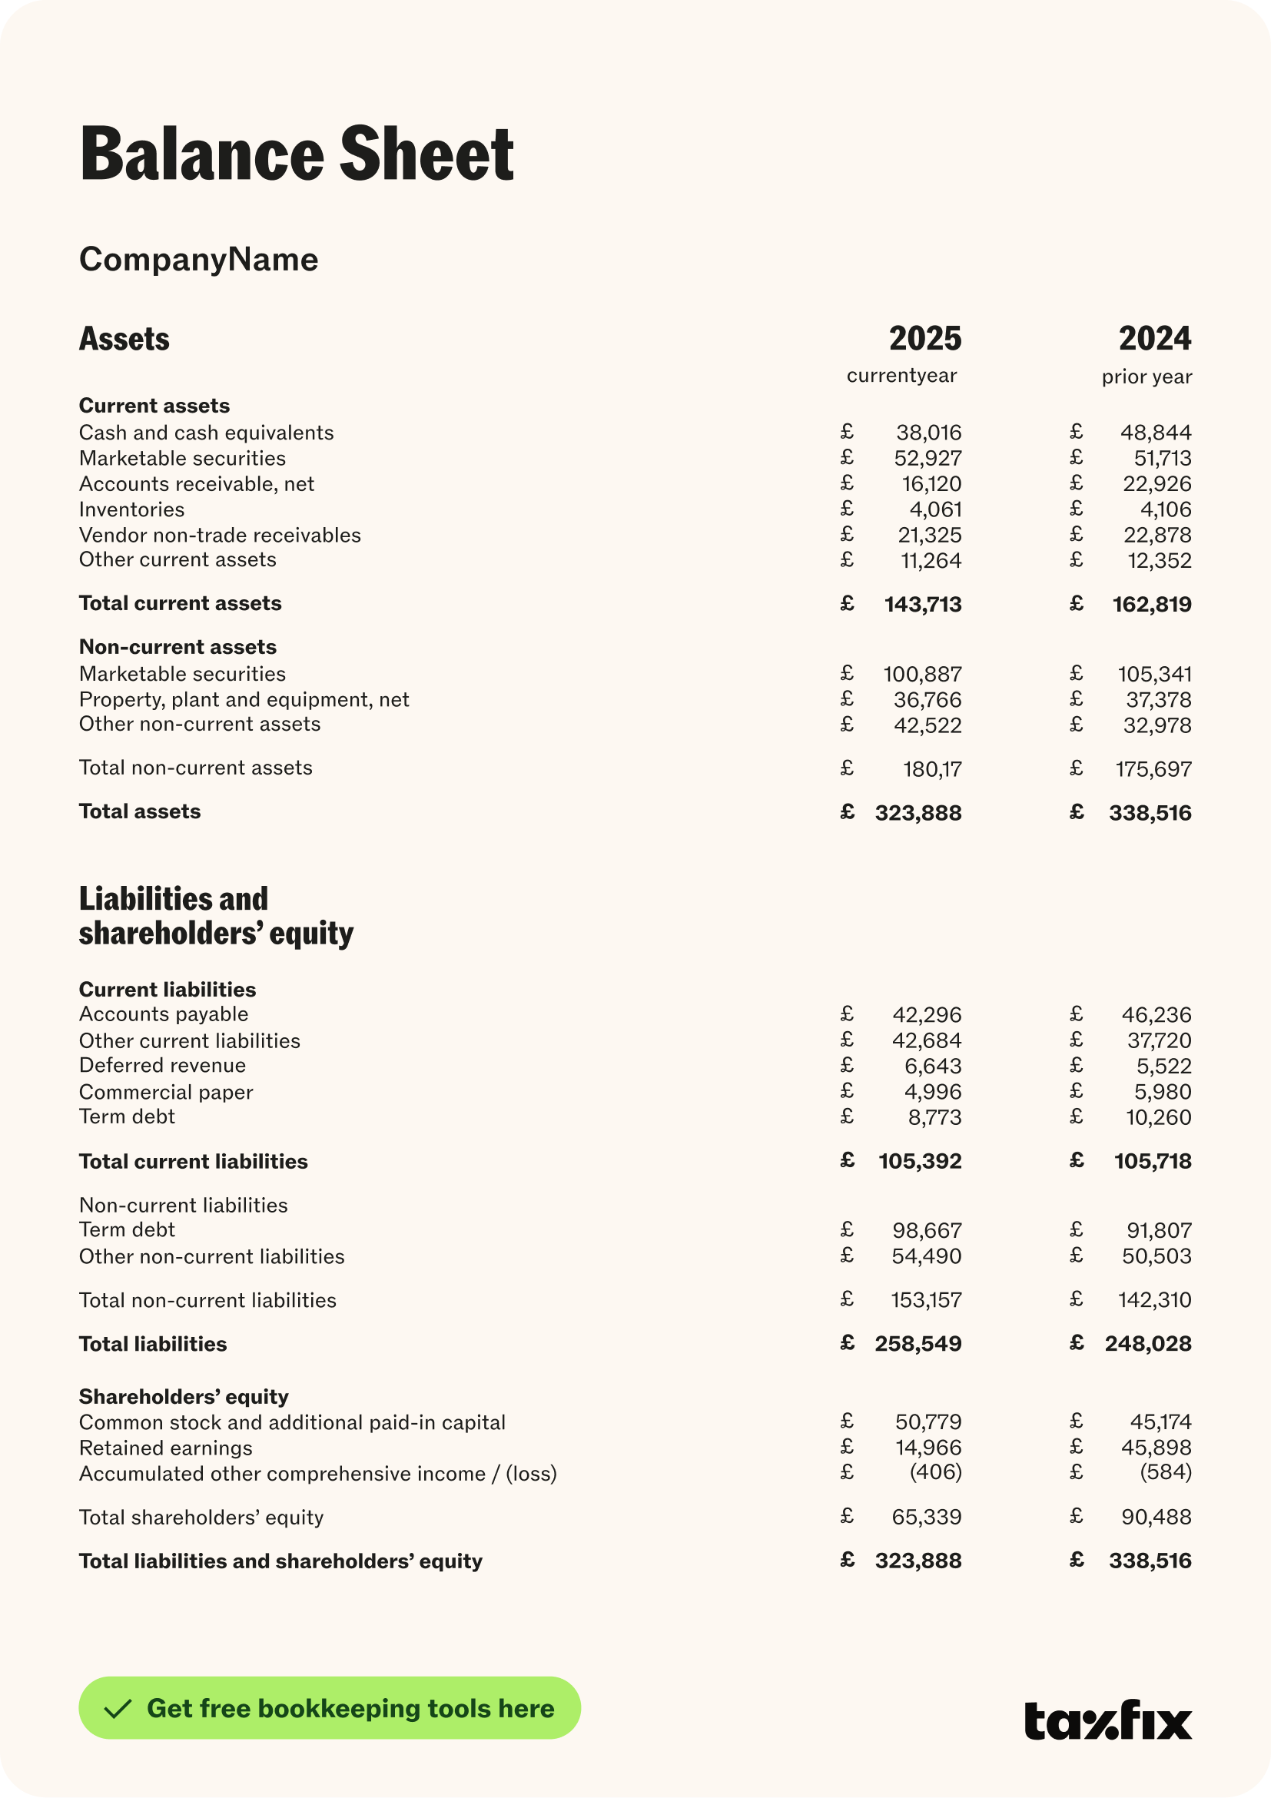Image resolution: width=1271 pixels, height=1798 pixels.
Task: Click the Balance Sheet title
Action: [297, 154]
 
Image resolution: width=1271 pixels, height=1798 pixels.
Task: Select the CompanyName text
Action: [198, 259]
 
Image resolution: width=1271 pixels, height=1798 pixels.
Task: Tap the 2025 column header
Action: [924, 339]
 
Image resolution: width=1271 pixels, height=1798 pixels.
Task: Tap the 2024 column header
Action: [1154, 339]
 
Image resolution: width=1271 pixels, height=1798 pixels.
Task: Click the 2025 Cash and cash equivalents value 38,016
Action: [928, 433]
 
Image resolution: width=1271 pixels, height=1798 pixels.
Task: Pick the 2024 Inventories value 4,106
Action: [1165, 509]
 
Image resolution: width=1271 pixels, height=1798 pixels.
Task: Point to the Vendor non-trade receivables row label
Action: [220, 536]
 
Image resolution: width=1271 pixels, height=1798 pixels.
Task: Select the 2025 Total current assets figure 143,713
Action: [923, 605]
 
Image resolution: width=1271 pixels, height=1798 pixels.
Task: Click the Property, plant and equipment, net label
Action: [244, 700]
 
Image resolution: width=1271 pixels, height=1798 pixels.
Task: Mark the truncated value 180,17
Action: [932, 770]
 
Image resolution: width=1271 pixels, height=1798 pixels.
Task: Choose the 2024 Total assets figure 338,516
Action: [1150, 814]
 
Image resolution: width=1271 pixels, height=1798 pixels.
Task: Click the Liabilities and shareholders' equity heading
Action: [215, 916]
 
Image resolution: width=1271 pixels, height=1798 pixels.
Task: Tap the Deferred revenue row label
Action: [162, 1066]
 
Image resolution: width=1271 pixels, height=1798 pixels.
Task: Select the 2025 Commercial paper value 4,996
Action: [932, 1092]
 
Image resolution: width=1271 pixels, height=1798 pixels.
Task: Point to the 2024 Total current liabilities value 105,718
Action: [1152, 1161]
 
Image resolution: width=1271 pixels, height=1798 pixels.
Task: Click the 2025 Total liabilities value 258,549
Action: [918, 1344]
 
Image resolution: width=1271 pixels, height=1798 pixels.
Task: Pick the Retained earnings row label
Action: [165, 1448]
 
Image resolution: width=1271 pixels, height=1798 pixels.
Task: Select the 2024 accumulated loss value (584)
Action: [1165, 1472]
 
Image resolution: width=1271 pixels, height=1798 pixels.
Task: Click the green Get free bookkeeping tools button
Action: [329, 1708]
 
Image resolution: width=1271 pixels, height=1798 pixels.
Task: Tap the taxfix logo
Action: [1107, 1720]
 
